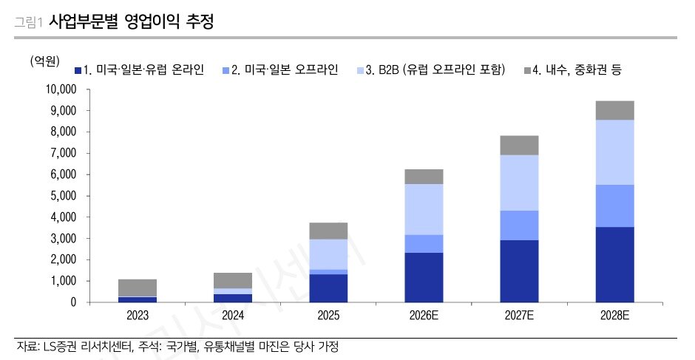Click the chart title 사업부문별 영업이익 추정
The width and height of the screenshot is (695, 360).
tap(131, 21)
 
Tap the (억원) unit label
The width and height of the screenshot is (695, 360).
tap(44, 61)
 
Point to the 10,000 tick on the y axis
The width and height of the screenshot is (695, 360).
tap(61, 89)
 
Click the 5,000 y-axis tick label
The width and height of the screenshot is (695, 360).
tap(64, 196)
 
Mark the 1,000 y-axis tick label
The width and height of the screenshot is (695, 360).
tap(64, 281)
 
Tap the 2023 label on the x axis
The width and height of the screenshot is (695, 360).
tap(137, 316)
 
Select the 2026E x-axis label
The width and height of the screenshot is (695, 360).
tap(424, 316)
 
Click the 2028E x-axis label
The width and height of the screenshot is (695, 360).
tap(615, 316)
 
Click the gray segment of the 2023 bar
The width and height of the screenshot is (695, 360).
tap(137, 288)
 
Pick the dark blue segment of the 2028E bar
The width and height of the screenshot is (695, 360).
tap(615, 265)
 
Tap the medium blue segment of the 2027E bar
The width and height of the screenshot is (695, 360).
tap(520, 225)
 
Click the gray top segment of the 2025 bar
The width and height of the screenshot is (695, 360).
tap(328, 231)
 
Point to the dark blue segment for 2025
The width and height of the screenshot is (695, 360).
tap(328, 288)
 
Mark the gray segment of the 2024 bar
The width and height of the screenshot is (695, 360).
tap(233, 280)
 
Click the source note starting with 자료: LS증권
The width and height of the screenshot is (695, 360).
tap(177, 346)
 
